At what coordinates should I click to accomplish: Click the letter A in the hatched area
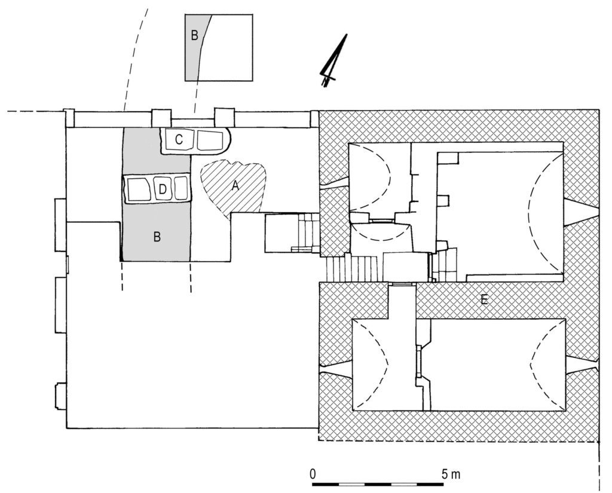235,186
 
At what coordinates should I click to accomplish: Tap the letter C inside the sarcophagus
179,139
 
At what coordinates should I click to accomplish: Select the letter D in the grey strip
161,190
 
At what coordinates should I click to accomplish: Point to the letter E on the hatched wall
484,300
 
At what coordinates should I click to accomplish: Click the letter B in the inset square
194,36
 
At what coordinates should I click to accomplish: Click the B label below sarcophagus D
157,237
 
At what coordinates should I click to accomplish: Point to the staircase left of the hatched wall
353,268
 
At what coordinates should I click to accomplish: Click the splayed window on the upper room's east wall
580,213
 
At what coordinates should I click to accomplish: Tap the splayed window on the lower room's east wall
581,365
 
